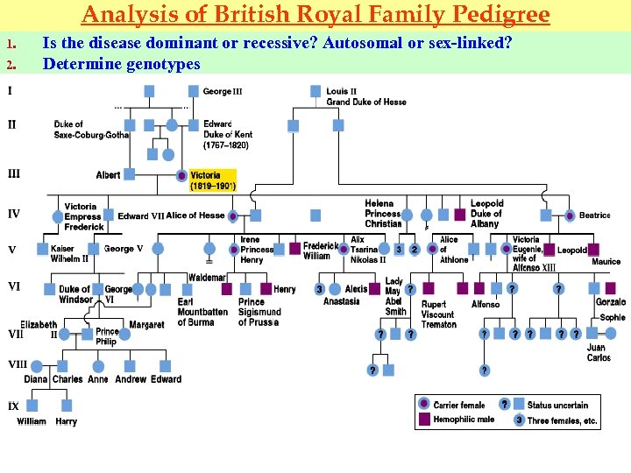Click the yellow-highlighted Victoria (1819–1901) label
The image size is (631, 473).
[x=213, y=180]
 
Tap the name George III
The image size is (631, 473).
[x=223, y=91]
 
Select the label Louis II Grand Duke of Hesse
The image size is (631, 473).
[x=365, y=96]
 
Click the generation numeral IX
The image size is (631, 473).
[x=13, y=406]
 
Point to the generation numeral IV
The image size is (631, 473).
[x=14, y=213]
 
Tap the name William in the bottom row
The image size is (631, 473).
[x=32, y=421]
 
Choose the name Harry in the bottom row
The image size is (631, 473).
[x=67, y=421]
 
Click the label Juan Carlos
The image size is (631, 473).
[x=598, y=352]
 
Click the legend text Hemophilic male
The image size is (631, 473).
[x=464, y=420]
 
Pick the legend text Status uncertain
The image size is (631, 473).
[x=557, y=405]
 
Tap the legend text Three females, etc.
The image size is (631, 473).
[x=563, y=420]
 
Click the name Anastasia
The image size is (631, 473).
[x=341, y=301]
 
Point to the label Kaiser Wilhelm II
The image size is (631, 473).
[x=69, y=253]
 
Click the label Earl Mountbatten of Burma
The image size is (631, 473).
[x=202, y=312]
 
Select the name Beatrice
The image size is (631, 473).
[x=594, y=215]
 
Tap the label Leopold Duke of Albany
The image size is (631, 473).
[x=486, y=214]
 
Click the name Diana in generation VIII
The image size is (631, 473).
[x=36, y=379]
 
